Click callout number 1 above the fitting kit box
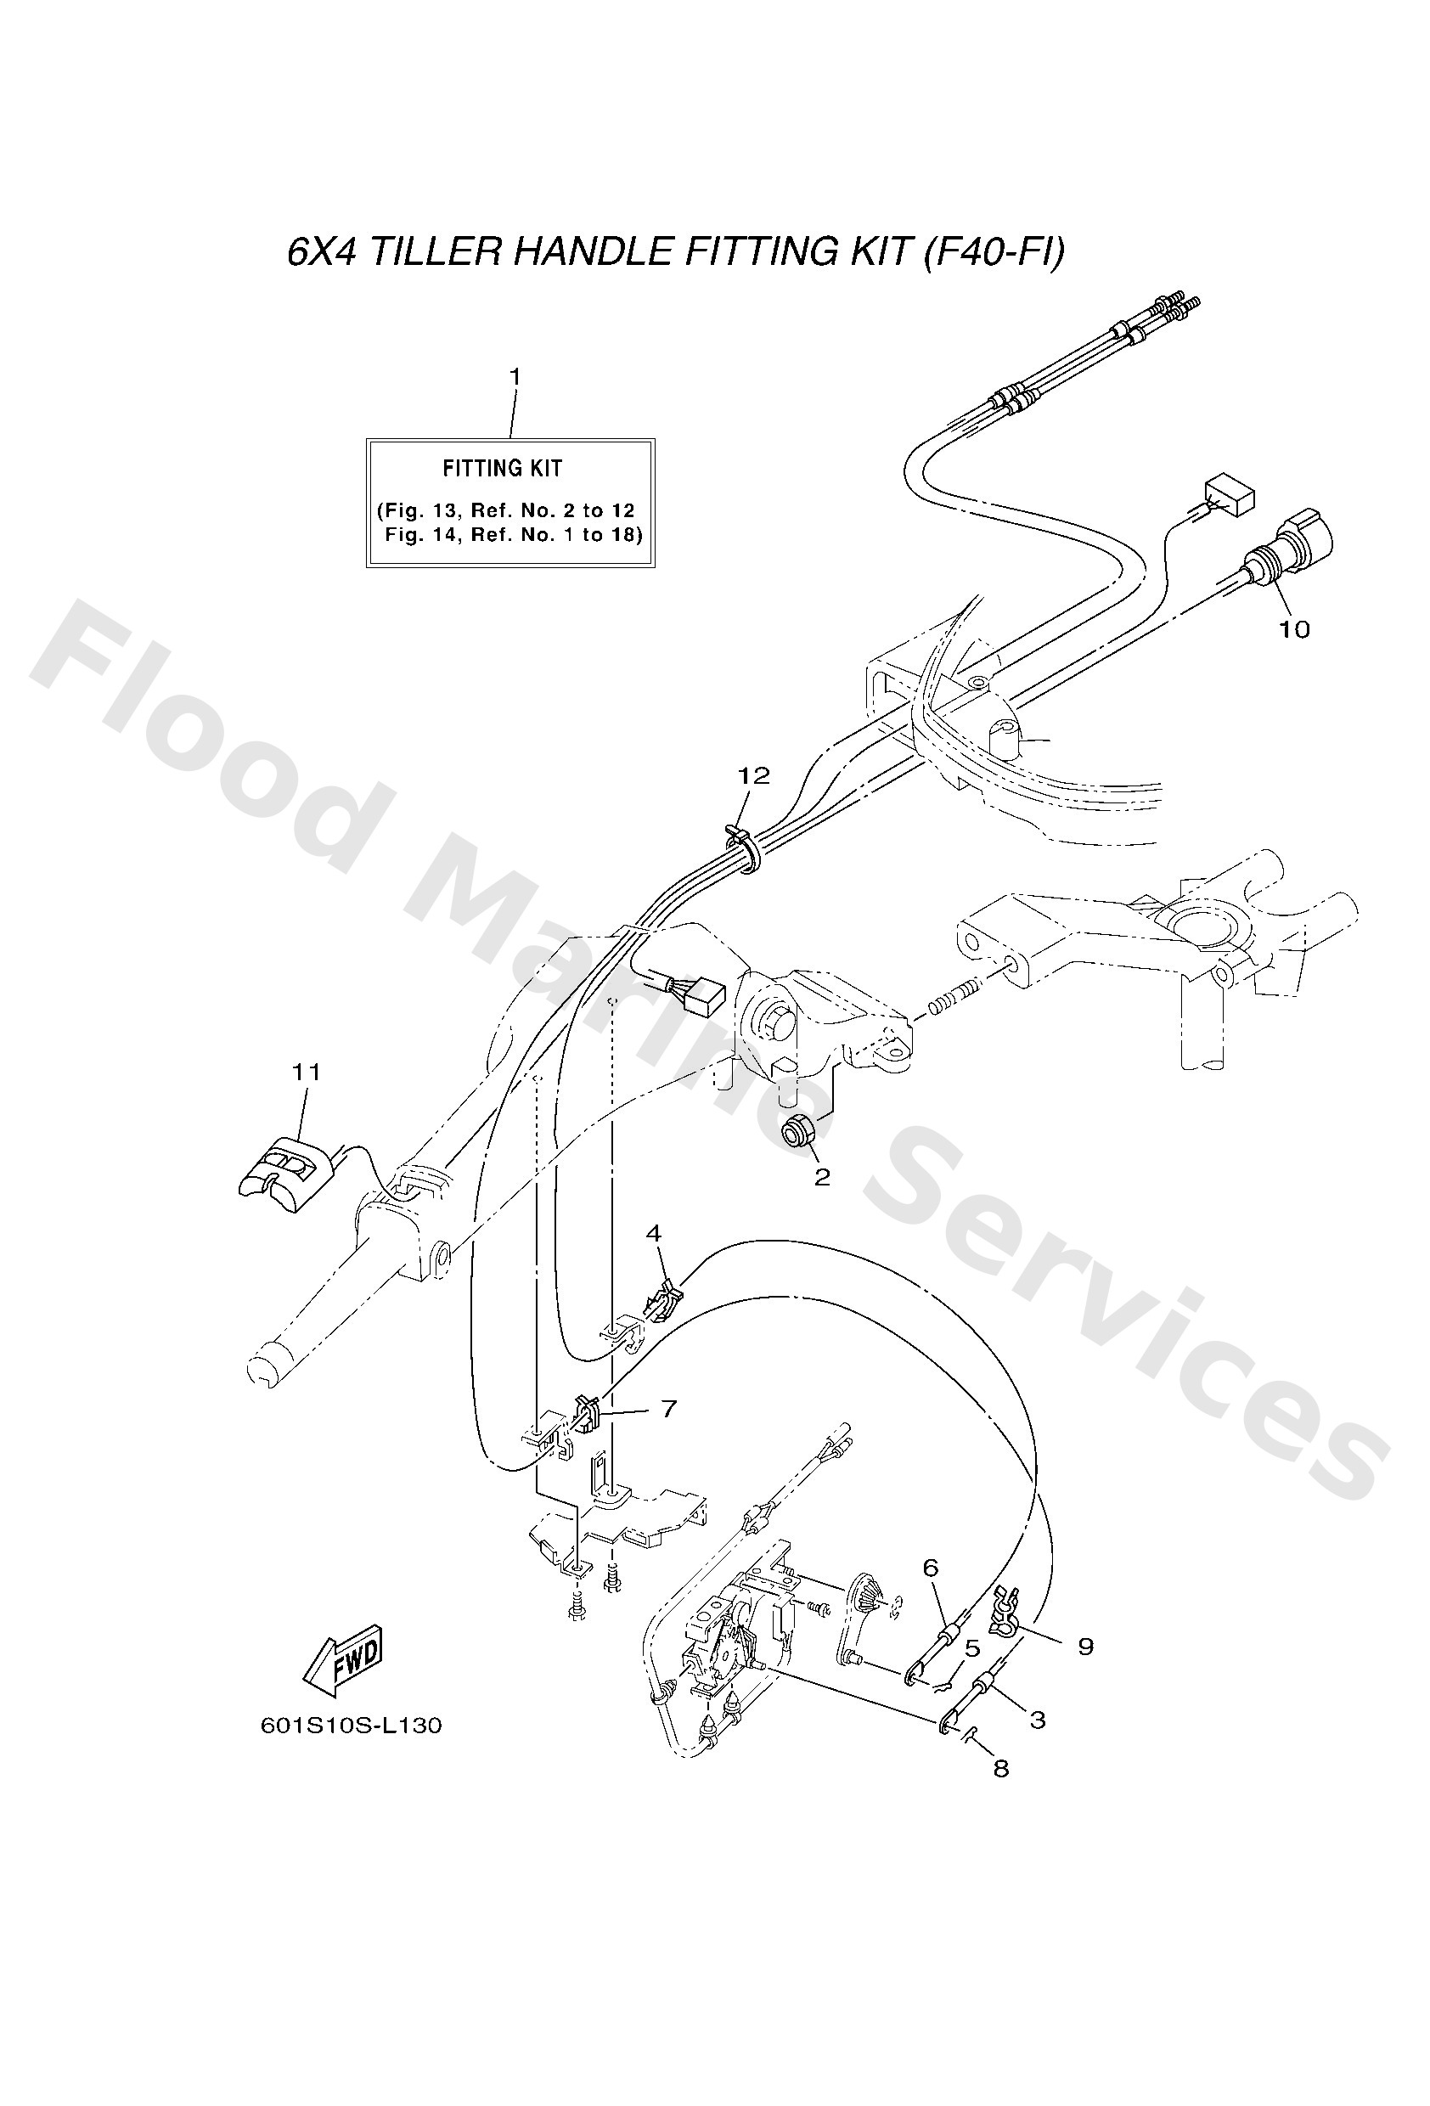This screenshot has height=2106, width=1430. coord(515,376)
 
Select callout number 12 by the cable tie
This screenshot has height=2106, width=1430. coord(753,775)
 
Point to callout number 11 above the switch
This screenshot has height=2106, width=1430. coord(307,1072)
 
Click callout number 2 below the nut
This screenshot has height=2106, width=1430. coord(822,1177)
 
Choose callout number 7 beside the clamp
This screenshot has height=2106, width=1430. coord(669,1408)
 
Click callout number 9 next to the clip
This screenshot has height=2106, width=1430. coord(1085,1646)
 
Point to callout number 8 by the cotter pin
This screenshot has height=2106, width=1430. coord(1000,1768)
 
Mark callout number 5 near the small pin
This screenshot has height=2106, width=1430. coord(972,1648)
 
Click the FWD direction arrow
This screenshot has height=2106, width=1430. coord(341,1665)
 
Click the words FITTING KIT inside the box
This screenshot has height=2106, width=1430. coord(502,469)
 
